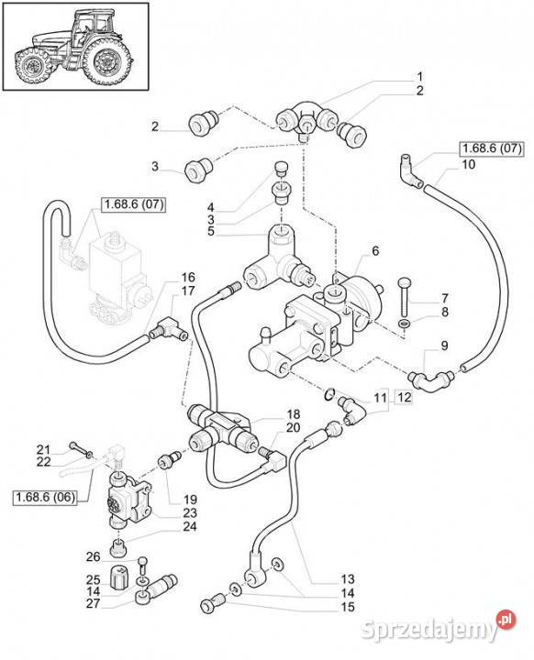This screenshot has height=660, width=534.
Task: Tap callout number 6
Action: pyautogui.click(x=375, y=251)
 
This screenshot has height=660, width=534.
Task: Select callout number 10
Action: pyautogui.click(x=468, y=164)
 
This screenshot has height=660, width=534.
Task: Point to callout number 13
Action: pyautogui.click(x=348, y=578)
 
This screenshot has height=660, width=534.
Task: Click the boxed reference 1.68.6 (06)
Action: pyautogui.click(x=46, y=497)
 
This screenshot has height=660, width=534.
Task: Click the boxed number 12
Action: pyautogui.click(x=404, y=397)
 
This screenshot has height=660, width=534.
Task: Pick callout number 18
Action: pyautogui.click(x=294, y=413)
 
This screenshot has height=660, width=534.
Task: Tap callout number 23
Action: pyautogui.click(x=190, y=512)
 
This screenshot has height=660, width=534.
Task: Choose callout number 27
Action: pyautogui.click(x=93, y=603)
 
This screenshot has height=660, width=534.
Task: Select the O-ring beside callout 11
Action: pyautogui.click(x=329, y=394)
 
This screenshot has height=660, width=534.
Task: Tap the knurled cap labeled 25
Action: pyautogui.click(x=118, y=579)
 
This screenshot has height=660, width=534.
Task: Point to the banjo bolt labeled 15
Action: pyautogui.click(x=215, y=603)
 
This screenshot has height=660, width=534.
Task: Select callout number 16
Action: pyautogui.click(x=188, y=278)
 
